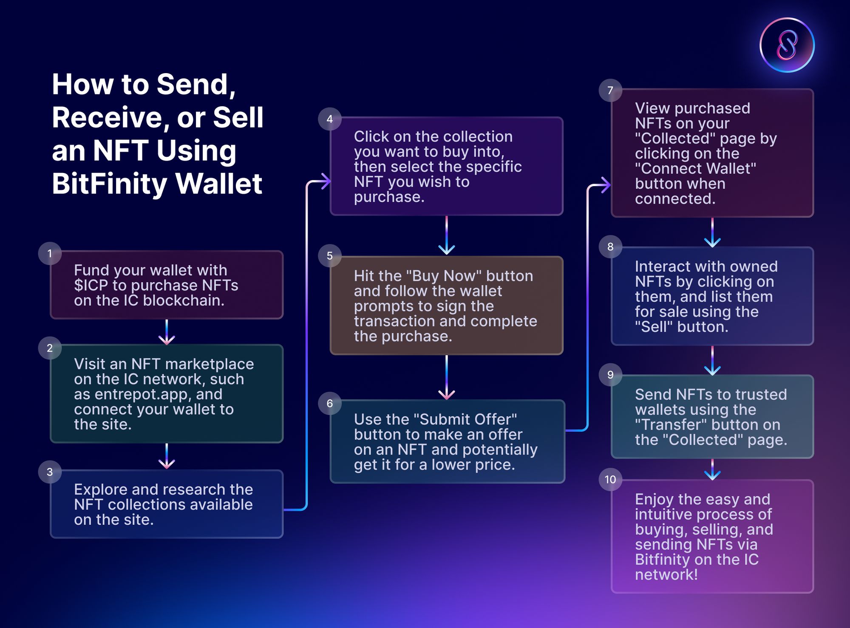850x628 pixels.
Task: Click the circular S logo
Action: pyautogui.click(x=787, y=45)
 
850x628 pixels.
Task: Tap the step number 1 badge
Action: pyautogui.click(x=50, y=254)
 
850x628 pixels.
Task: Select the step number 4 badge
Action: pyautogui.click(x=329, y=119)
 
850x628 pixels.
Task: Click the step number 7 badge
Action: pyautogui.click(x=610, y=91)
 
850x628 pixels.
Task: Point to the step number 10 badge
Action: pyautogui.click(x=610, y=480)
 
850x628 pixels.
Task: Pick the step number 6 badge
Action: pyautogui.click(x=329, y=403)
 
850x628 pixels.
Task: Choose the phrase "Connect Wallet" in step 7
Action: pyautogui.click(x=695, y=169)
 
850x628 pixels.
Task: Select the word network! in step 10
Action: pyautogui.click(x=666, y=575)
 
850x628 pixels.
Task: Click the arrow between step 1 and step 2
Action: pyautogui.click(x=167, y=332)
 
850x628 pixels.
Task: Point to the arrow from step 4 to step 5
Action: pyautogui.click(x=446, y=236)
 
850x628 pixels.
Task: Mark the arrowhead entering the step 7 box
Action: pyautogui.click(x=604, y=185)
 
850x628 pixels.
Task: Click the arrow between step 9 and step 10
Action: pyautogui.click(x=712, y=470)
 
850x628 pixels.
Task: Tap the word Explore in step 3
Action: pyautogui.click(x=100, y=489)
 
